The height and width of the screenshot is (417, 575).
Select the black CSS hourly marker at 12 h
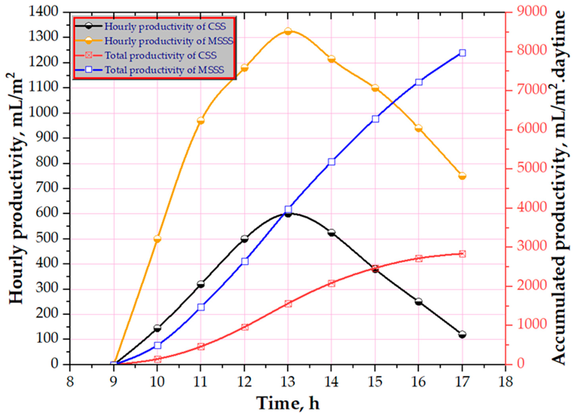coord(244,239)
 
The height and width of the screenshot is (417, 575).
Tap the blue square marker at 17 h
coord(462,53)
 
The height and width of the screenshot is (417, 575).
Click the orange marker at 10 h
coord(157,239)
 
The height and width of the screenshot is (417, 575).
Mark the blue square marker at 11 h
coord(201,307)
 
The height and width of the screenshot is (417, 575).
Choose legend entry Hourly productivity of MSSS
coord(169,41)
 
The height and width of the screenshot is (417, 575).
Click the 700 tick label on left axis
coord(48,189)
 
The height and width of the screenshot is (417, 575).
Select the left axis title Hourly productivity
coord(17,188)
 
